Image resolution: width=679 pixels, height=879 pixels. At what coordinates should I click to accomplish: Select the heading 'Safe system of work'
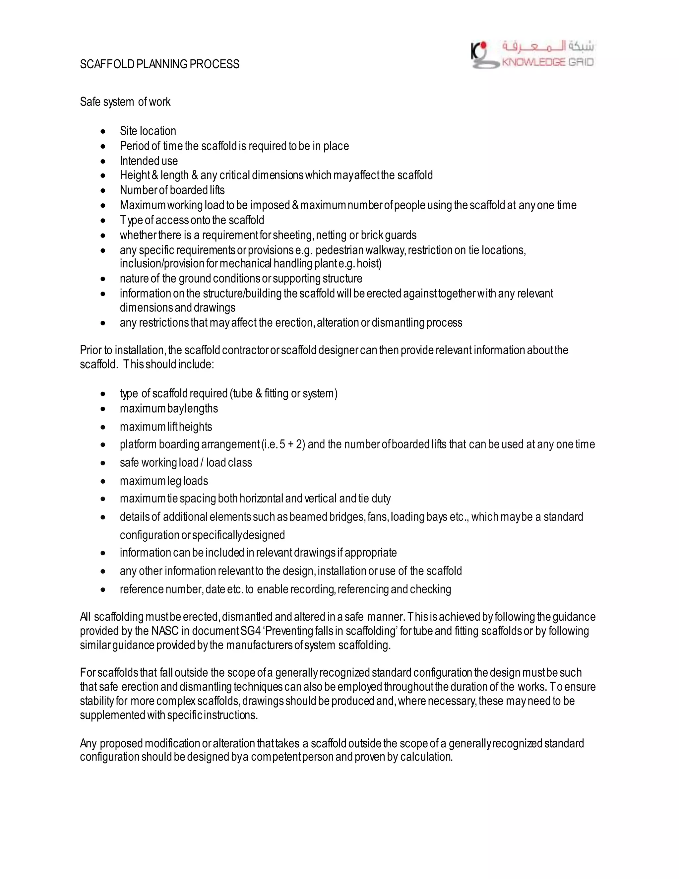click(x=125, y=102)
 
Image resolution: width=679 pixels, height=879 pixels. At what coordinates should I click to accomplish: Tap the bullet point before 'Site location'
click(x=103, y=132)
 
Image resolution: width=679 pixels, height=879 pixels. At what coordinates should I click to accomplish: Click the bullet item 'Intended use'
click(x=149, y=161)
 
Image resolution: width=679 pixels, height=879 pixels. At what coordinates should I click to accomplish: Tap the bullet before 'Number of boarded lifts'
click(x=103, y=191)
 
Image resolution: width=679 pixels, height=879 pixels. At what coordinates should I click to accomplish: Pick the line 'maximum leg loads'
click(x=164, y=481)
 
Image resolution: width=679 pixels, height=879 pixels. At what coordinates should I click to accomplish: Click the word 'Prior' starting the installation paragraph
click(x=91, y=350)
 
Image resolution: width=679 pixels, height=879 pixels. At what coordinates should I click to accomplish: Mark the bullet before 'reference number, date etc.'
click(x=103, y=590)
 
